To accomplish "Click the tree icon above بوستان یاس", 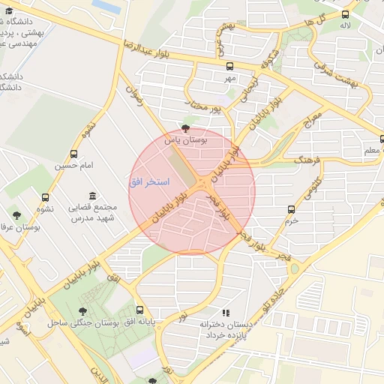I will pyautogui.click(x=186, y=128).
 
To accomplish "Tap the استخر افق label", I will pyautogui.click(x=149, y=182).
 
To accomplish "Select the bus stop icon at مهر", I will pyautogui.click(x=229, y=66).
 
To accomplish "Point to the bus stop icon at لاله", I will pyautogui.click(x=345, y=14).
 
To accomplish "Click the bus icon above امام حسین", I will pyautogui.click(x=74, y=153).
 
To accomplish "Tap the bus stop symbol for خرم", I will pyautogui.click(x=292, y=210).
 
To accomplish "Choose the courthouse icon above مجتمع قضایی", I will pyautogui.click(x=92, y=196).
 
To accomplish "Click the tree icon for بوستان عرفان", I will pyautogui.click(x=16, y=215).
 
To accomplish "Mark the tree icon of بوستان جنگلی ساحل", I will pyautogui.click(x=82, y=311).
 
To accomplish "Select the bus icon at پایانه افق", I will pyautogui.click(x=139, y=310).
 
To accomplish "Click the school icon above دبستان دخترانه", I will pyautogui.click(x=225, y=313).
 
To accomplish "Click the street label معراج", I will pyautogui.click(x=312, y=118).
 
